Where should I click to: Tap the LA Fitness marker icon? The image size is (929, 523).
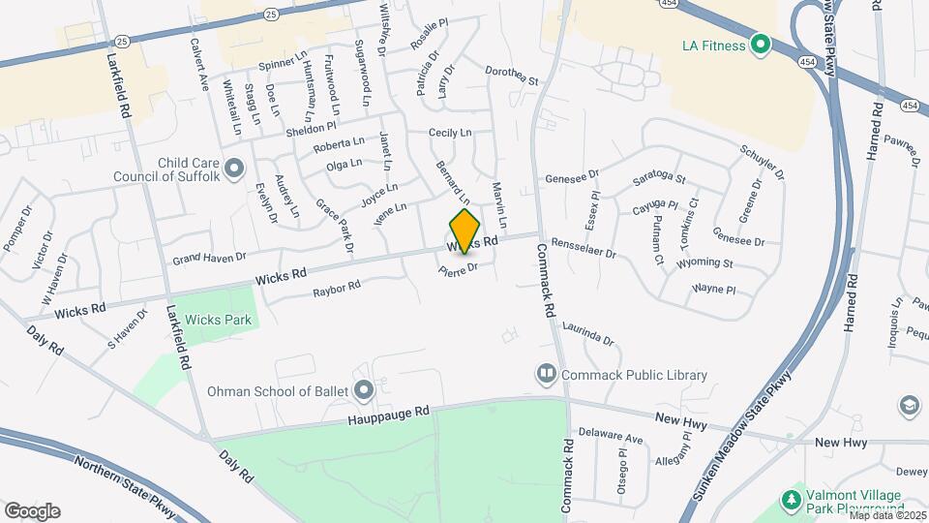point(760,45)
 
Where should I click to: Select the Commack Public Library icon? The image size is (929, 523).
point(546,374)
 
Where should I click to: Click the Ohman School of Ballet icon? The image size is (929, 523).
point(364,391)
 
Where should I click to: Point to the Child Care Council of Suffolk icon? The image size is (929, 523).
point(233,170)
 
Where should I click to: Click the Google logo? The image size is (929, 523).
point(32,511)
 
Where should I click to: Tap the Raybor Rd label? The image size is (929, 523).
point(337,288)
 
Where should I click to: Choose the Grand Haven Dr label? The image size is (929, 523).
point(210,259)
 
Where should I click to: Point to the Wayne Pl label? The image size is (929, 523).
point(715,289)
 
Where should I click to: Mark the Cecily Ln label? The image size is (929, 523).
point(450,133)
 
